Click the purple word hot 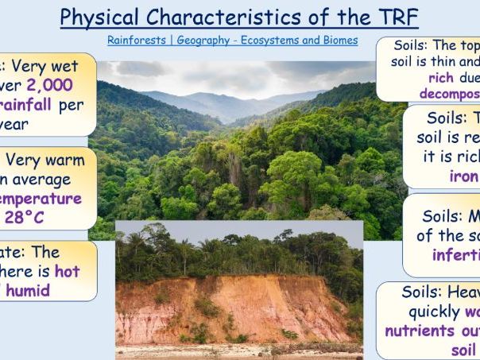[x=66, y=272]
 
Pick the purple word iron [x=464, y=176]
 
